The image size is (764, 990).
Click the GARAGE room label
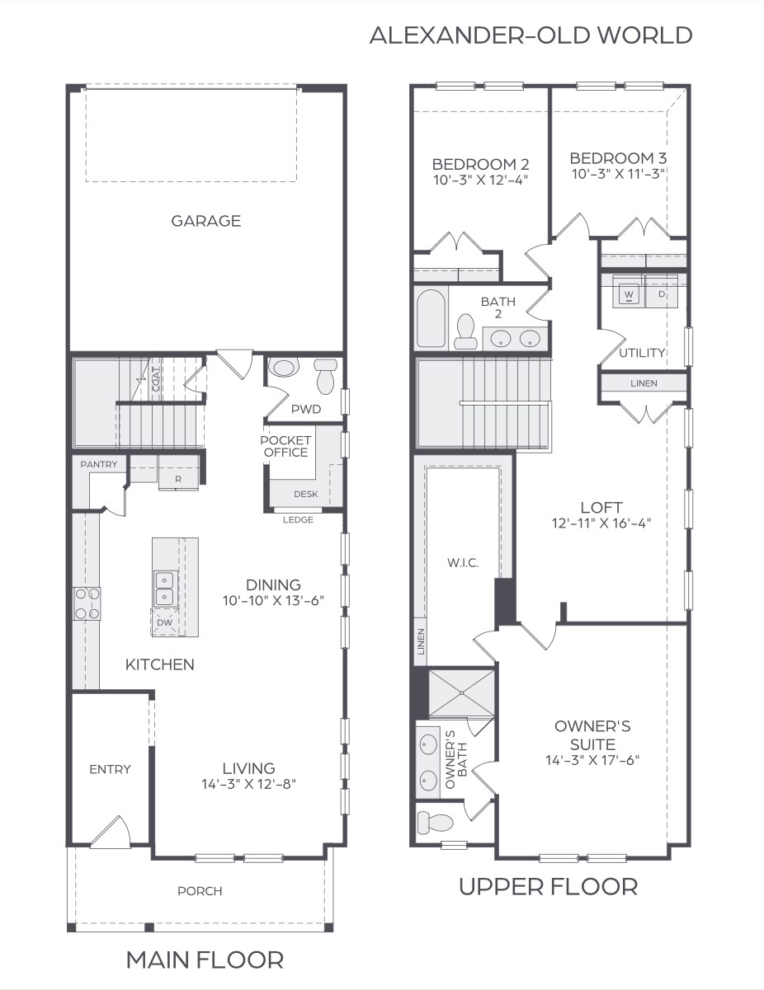206,221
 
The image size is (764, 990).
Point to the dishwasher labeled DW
164,622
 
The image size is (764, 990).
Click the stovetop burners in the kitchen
87,603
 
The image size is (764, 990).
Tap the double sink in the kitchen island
164,589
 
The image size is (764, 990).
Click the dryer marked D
662,293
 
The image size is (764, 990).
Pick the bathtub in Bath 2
431,318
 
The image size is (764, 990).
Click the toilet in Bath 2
465,331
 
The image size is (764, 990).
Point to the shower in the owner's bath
462,693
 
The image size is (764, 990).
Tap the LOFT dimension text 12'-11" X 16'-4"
601,523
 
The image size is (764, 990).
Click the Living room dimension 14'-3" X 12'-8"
249,784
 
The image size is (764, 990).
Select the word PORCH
200,891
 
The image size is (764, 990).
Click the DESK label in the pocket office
306,494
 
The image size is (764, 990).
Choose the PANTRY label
99,464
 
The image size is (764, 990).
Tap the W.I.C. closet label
463,563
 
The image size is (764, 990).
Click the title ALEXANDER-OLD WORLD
531,35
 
